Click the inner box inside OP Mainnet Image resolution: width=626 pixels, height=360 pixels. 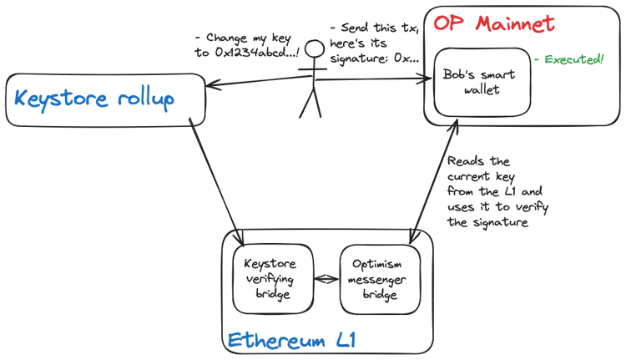click(482, 84)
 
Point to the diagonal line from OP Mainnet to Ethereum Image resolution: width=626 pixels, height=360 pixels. click(435, 188)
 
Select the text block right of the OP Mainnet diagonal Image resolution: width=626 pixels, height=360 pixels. click(492, 192)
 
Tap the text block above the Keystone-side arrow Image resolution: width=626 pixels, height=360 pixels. click(242, 46)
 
